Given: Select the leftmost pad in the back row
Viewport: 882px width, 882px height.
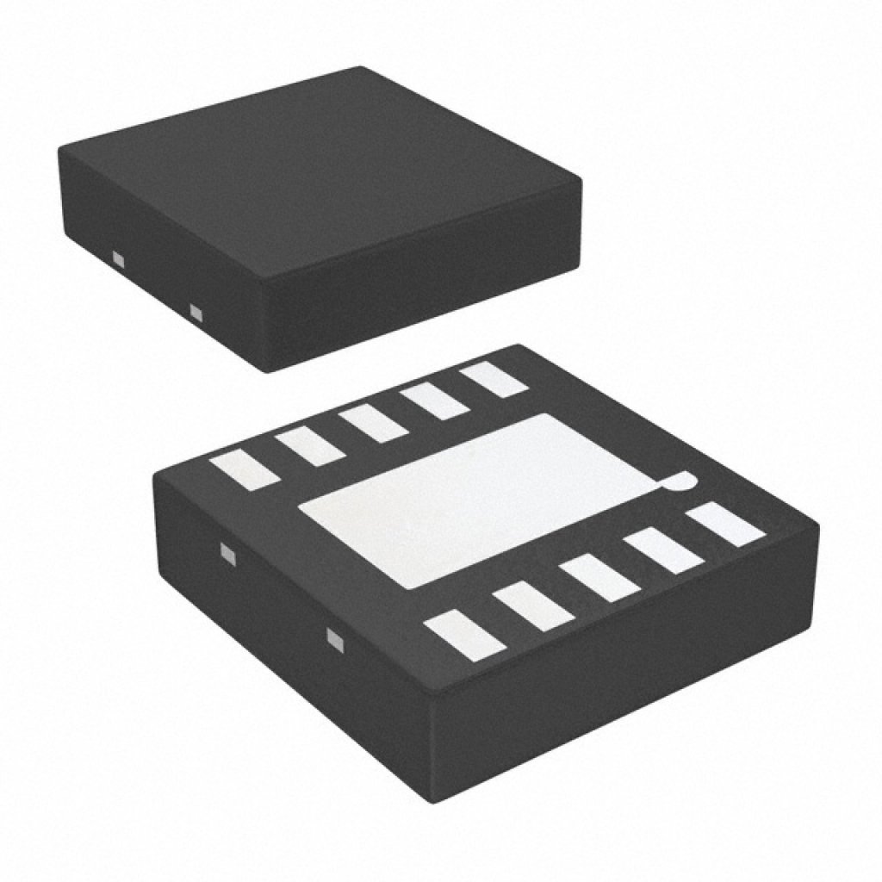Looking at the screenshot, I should [249, 472].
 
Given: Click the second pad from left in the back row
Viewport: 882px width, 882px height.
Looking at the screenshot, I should [310, 447].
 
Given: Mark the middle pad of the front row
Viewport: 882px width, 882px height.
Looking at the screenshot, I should [599, 578].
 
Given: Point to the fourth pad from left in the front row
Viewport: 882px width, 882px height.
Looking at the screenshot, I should [663, 551].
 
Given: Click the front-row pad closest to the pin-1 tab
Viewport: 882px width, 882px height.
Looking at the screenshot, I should [725, 525].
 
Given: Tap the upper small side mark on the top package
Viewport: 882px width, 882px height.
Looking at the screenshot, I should [118, 258].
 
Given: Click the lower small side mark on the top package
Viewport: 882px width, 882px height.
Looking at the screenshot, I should [196, 312].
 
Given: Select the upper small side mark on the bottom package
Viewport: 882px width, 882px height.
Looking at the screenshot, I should [227, 553].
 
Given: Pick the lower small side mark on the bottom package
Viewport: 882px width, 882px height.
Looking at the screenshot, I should [333, 638].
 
